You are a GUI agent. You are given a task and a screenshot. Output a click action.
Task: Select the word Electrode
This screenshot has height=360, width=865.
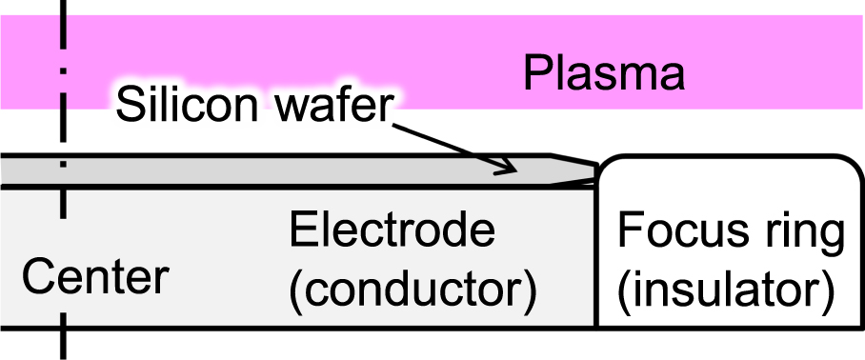tap(393, 231)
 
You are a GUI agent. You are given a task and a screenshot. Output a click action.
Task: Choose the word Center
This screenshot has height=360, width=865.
tap(95, 279)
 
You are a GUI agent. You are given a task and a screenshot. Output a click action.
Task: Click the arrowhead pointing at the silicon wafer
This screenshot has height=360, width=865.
tap(510, 169)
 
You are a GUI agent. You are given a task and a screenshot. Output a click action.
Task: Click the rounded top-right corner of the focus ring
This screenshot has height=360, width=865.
tap(849, 168)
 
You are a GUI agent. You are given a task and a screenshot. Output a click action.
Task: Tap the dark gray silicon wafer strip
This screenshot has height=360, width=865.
tap(286, 170)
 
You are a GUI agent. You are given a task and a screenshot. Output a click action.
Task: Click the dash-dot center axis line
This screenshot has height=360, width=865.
tap(63, 229)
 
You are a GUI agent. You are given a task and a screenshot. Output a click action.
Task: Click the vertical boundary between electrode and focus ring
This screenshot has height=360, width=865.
tap(596, 257)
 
